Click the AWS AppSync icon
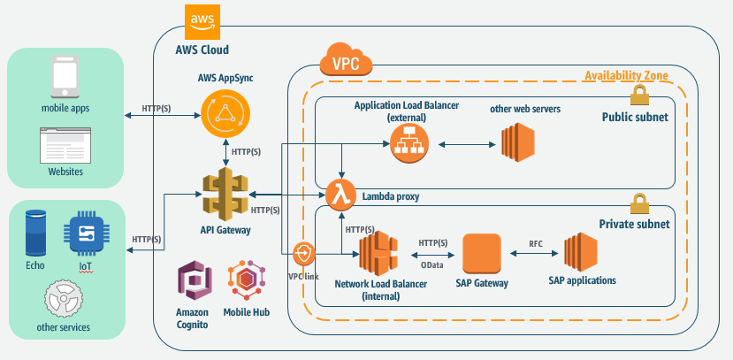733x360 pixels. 224,114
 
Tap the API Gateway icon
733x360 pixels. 224,194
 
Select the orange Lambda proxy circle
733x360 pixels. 340,194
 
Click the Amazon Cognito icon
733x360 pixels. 192,283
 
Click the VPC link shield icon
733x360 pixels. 304,255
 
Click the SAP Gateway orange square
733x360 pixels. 482,253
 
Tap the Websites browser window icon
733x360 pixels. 65,142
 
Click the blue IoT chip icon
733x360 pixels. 85,234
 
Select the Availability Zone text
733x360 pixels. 627,75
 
